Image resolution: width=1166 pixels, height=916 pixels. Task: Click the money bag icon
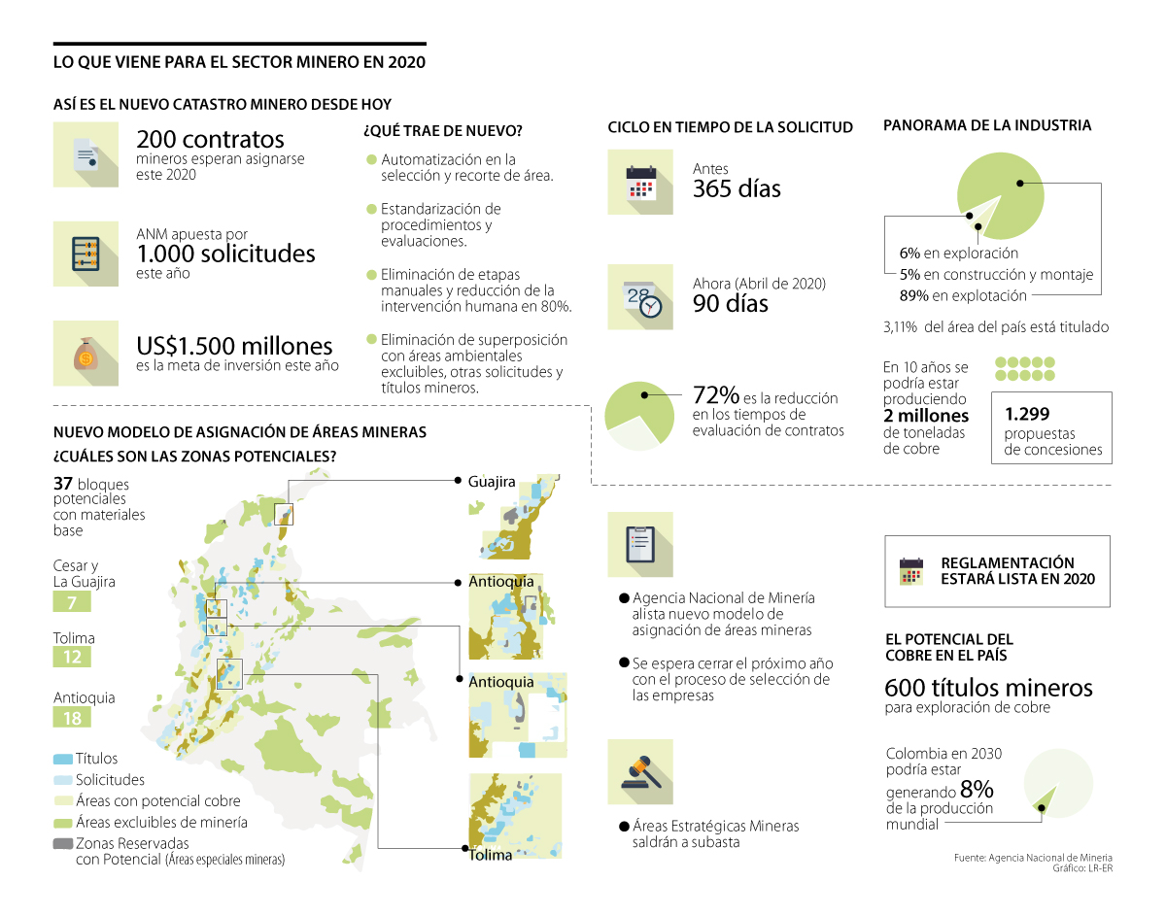pos(86,354)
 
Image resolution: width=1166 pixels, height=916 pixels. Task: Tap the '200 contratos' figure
pos(210,139)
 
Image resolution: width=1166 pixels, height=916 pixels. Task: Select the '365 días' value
pos(737,188)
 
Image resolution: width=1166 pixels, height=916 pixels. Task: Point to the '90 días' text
pos(730,304)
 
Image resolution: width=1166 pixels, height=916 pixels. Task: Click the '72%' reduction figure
pos(716,395)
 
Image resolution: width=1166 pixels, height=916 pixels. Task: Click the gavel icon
pos(640,771)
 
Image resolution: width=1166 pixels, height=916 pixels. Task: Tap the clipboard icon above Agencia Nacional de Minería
pos(640,544)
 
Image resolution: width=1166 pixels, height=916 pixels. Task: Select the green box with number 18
pos(72,718)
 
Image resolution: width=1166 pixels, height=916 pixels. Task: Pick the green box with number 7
pos(72,603)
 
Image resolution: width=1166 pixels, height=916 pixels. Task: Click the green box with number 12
pos(72,658)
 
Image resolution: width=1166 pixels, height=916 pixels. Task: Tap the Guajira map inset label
pos(491,482)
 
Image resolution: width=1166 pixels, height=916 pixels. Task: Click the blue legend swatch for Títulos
pos(62,758)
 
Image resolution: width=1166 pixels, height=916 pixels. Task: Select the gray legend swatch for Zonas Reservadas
pos(62,843)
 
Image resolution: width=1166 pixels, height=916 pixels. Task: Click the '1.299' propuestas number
pos(1027,413)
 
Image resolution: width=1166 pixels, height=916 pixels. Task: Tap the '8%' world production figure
pos(977,789)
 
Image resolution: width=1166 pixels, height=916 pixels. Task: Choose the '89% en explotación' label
pos(963,295)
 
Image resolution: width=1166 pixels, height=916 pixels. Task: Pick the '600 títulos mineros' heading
pos(988,688)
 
